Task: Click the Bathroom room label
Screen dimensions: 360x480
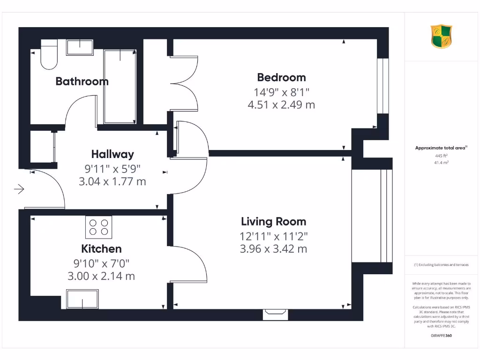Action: pyautogui.click(x=82, y=81)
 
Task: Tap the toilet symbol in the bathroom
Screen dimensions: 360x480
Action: pyautogui.click(x=49, y=55)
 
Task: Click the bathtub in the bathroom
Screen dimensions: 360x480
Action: pyautogui.click(x=120, y=87)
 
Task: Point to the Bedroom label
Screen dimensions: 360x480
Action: pyautogui.click(x=281, y=77)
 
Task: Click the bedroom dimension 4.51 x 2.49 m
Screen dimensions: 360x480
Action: pyautogui.click(x=281, y=105)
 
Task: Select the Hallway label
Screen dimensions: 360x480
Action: pyautogui.click(x=112, y=154)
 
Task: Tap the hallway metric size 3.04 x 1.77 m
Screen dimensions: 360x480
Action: pyautogui.click(x=112, y=181)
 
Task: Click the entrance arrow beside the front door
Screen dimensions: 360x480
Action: pyautogui.click(x=19, y=189)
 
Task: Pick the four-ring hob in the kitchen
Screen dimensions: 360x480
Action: pyautogui.click(x=99, y=227)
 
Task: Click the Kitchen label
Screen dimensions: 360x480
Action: pyautogui.click(x=101, y=249)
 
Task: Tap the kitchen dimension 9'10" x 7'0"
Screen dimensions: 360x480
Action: pyautogui.click(x=101, y=263)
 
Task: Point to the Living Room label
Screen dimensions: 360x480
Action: pyautogui.click(x=273, y=222)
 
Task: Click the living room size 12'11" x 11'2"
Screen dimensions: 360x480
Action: pyautogui.click(x=273, y=235)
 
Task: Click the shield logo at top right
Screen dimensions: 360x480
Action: pyautogui.click(x=442, y=37)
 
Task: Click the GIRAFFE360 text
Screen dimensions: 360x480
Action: pyautogui.click(x=441, y=336)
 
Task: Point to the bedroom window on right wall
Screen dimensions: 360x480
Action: pyautogui.click(x=383, y=86)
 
